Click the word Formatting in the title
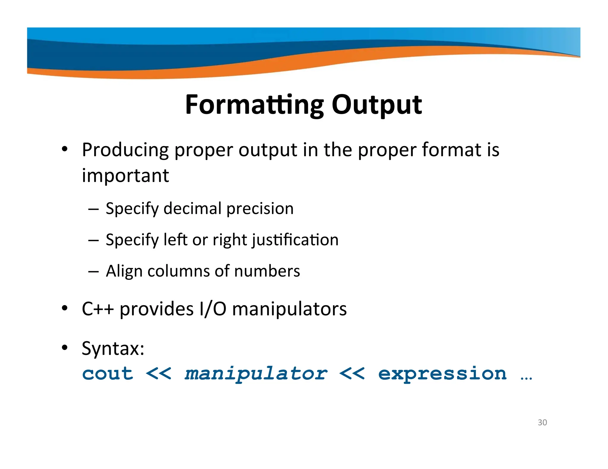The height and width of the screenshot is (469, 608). pyautogui.click(x=254, y=105)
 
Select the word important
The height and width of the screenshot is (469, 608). pyautogui.click(x=125, y=176)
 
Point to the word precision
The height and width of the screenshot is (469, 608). pyautogui.click(x=260, y=208)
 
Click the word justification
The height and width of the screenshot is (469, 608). pyautogui.click(x=295, y=240)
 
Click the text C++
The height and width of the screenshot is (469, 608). pyautogui.click(x=98, y=309)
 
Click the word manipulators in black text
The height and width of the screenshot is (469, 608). pyautogui.click(x=289, y=309)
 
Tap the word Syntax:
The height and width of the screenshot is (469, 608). pyautogui.click(x=113, y=349)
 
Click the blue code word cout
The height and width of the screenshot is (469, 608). pyautogui.click(x=107, y=374)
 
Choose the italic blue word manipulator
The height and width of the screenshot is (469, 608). pyautogui.click(x=256, y=374)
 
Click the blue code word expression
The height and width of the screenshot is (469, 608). pyautogui.click(x=442, y=374)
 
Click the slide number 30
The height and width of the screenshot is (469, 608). pyautogui.click(x=542, y=422)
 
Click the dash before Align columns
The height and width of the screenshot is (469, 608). pyautogui.click(x=93, y=271)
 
